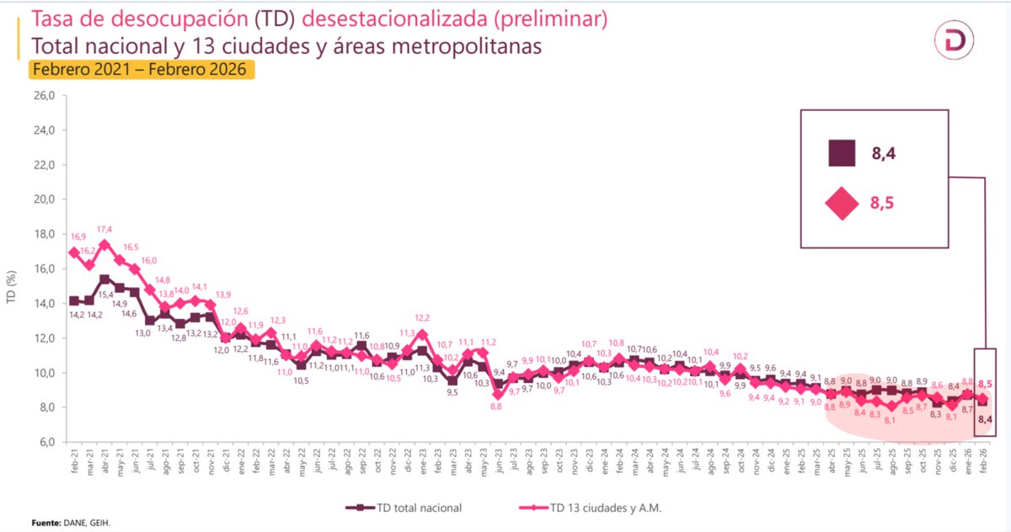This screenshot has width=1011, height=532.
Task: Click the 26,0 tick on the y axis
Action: pyautogui.click(x=43, y=96)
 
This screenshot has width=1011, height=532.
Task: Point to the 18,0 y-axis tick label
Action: pyautogui.click(x=43, y=234)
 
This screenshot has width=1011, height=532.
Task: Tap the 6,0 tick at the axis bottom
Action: pyautogui.click(x=43, y=442)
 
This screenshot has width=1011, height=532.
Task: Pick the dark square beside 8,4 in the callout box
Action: pyautogui.click(x=841, y=153)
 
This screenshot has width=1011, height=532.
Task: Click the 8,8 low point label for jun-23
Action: pyautogui.click(x=497, y=406)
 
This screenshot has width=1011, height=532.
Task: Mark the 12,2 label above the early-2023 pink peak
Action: pyautogui.click(x=422, y=318)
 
